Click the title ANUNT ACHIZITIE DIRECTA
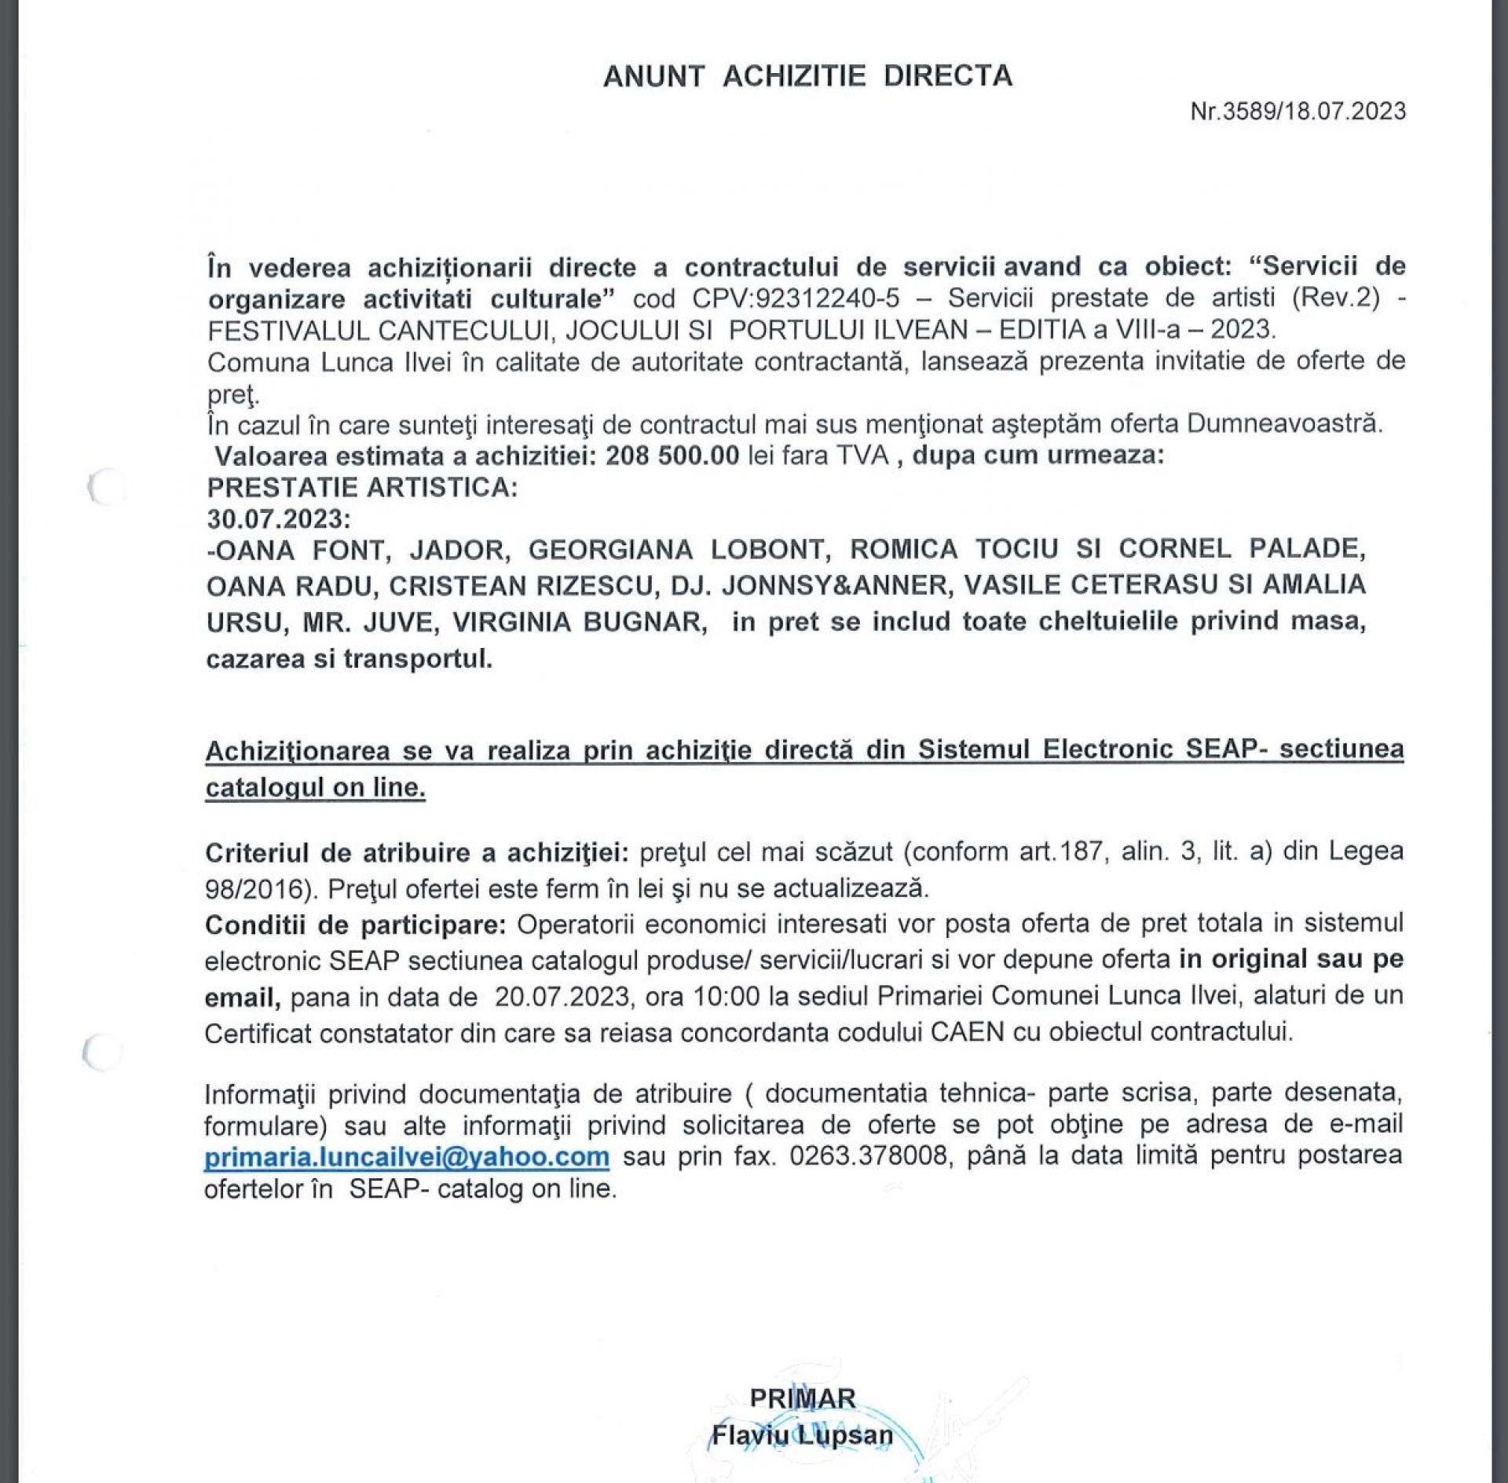click(x=807, y=76)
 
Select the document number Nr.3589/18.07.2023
click(x=1298, y=112)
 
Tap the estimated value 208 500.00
click(x=672, y=456)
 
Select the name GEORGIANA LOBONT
click(x=679, y=550)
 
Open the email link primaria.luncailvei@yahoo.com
click(x=407, y=1157)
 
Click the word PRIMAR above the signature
click(x=802, y=1399)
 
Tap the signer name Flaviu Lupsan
click(x=802, y=1436)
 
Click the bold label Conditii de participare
click(x=356, y=925)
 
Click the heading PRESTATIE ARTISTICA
click(x=362, y=488)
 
